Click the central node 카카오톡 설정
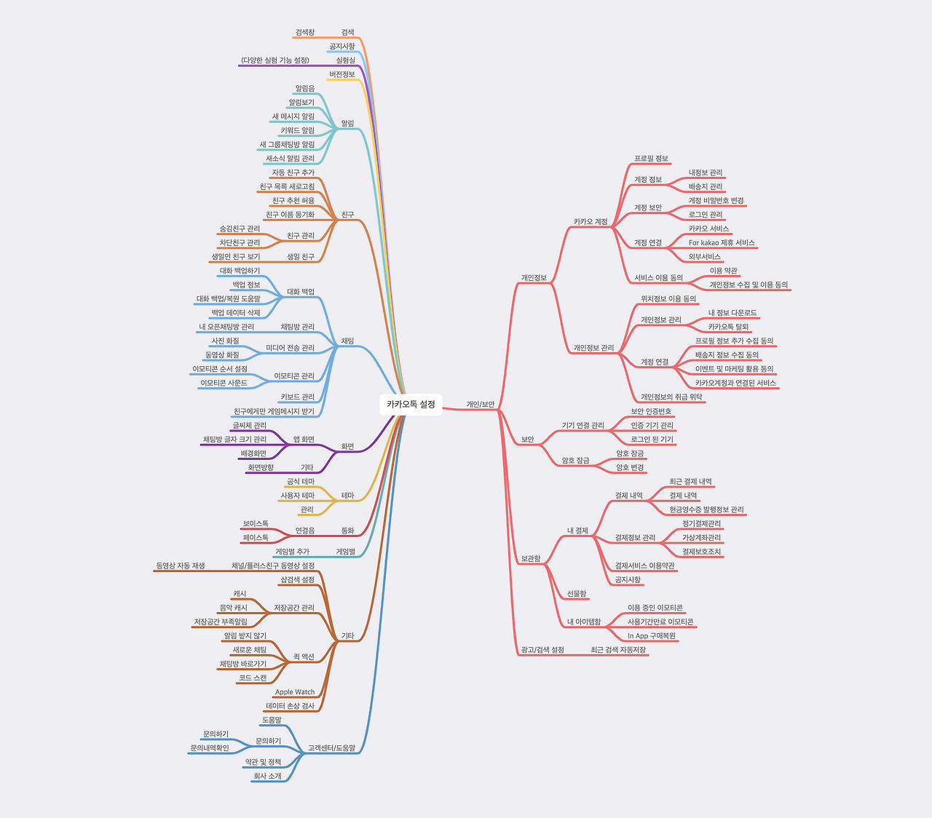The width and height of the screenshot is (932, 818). click(411, 405)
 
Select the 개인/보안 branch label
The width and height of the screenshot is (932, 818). click(481, 405)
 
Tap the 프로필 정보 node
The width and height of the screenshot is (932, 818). click(652, 159)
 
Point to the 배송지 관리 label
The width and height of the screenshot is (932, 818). click(706, 187)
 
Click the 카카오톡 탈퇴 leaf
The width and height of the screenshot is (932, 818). click(728, 327)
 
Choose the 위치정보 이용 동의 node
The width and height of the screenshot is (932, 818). click(668, 299)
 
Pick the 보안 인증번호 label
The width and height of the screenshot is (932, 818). click(651, 412)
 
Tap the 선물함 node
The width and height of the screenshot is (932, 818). click(577, 595)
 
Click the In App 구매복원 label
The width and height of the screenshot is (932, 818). click(652, 636)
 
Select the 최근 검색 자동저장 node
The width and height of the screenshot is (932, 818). click(618, 650)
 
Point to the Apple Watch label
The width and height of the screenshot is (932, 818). click(295, 692)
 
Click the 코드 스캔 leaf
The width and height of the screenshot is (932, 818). click(253, 678)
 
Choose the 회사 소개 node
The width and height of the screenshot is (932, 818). click(266, 777)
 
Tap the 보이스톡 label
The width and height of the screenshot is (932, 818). click(256, 524)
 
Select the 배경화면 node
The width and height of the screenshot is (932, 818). click(253, 454)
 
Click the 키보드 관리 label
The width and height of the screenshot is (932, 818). click(298, 397)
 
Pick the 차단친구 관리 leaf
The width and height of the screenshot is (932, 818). click(240, 243)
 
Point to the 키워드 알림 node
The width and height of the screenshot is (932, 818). click(298, 131)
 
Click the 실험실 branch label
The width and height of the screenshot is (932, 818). click(346, 60)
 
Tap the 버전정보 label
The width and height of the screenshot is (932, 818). click(342, 74)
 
